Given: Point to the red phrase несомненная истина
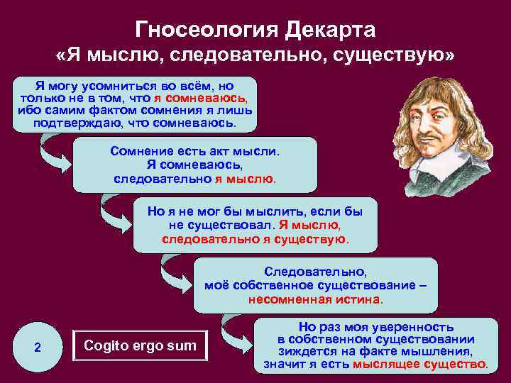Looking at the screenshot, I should [x=314, y=299].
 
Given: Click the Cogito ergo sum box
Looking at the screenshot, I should [x=141, y=345].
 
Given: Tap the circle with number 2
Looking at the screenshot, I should [x=37, y=347].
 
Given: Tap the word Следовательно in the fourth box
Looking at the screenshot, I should [x=316, y=272].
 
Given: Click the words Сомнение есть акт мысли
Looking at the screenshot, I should [x=194, y=151].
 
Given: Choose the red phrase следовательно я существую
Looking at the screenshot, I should [x=255, y=238].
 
